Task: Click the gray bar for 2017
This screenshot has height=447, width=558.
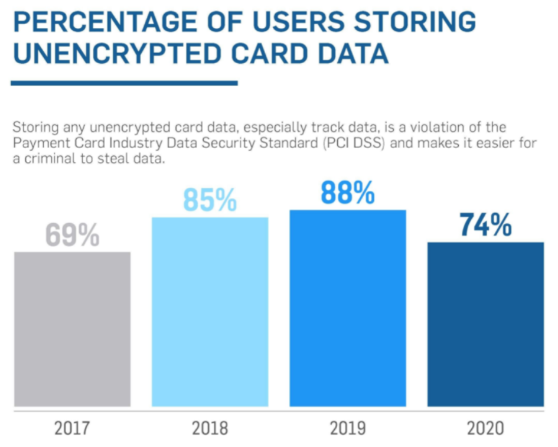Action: point(72,329)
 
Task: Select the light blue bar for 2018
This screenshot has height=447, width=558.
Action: point(210,311)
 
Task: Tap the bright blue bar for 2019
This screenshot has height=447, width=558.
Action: point(348,308)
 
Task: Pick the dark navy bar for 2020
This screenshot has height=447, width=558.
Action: point(485,324)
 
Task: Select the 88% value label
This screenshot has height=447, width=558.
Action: point(348,193)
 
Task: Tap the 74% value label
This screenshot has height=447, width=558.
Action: point(485,226)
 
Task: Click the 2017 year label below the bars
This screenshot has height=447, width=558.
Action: point(72,428)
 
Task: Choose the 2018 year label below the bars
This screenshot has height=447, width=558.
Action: point(210,428)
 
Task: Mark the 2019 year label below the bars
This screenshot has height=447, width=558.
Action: point(348,428)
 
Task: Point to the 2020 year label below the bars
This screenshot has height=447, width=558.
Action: point(485,428)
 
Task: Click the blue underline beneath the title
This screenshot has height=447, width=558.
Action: point(124,83)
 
